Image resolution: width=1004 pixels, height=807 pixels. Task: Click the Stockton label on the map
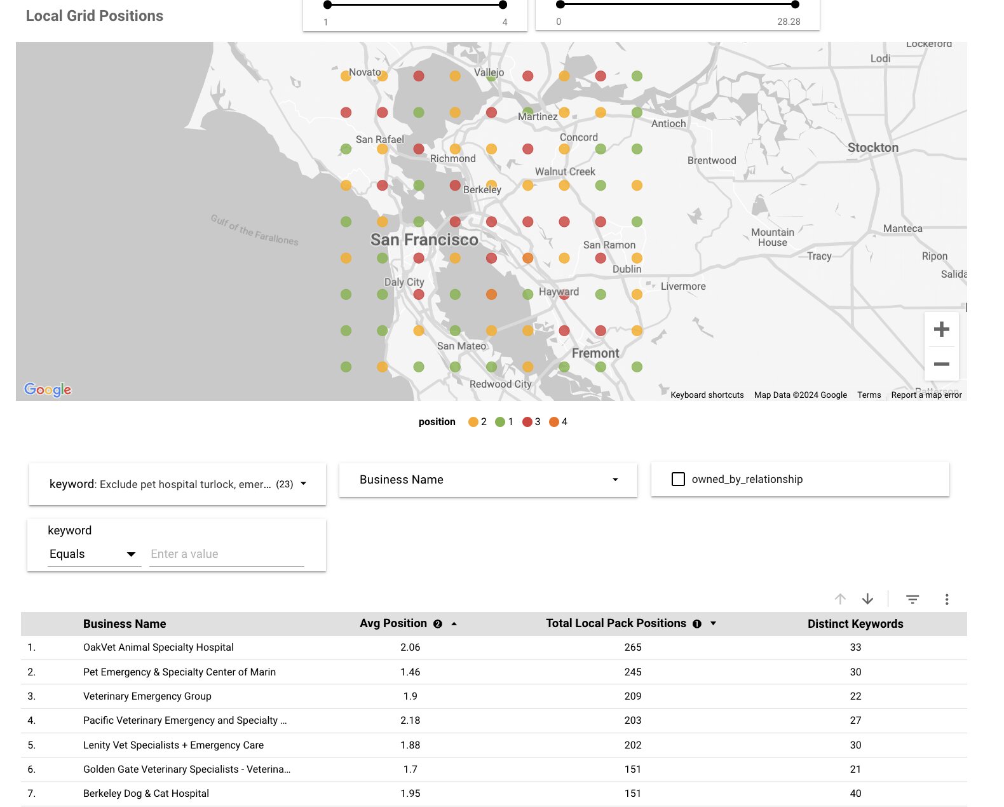tap(872, 147)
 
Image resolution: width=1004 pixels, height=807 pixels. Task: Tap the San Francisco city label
tap(424, 240)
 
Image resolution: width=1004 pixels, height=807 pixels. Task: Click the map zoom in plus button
tap(941, 329)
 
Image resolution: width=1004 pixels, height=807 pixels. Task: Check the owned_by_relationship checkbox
tap(678, 479)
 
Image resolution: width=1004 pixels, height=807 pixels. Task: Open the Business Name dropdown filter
tap(487, 480)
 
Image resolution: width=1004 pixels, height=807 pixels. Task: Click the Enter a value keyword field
tap(226, 554)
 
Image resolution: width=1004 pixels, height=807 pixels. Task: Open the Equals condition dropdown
tap(93, 554)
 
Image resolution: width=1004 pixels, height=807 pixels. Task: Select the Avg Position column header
tap(393, 623)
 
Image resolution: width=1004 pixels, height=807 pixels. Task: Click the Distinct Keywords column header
tap(855, 623)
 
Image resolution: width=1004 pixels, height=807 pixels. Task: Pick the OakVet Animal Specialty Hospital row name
tap(158, 648)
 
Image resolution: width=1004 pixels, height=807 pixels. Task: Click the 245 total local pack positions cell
tap(632, 672)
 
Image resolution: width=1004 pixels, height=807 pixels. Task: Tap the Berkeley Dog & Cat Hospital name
tap(146, 793)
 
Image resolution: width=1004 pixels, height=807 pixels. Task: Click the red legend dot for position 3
tap(527, 422)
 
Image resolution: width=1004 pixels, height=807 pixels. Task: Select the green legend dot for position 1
tap(500, 422)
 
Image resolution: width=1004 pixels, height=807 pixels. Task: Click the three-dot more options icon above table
tap(946, 599)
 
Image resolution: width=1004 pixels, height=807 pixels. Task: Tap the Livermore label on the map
tap(682, 287)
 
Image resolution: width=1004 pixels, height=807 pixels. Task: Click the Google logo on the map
tap(48, 390)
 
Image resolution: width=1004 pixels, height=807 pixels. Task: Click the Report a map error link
tap(926, 395)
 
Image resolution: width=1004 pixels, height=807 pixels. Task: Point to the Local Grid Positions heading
tap(95, 16)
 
